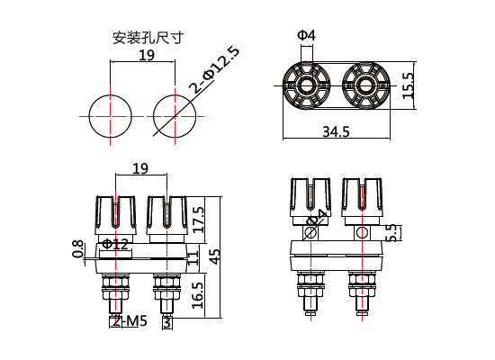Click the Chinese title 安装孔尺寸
(148, 38)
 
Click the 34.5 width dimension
(335, 132)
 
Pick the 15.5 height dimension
(408, 85)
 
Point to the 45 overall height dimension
(214, 257)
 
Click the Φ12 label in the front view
(115, 244)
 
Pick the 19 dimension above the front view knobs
(139, 168)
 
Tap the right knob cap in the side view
(363, 198)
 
